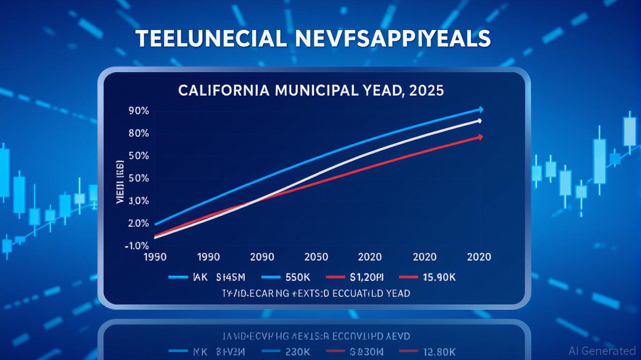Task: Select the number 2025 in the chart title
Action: coord(426,90)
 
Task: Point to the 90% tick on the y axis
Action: coord(138,111)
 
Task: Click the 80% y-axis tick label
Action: coord(138,134)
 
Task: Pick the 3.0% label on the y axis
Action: coord(138,201)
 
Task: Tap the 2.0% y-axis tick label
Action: coord(138,224)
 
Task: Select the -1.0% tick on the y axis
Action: coord(137,246)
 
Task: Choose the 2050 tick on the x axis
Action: coord(316,257)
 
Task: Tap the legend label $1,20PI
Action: coord(367,277)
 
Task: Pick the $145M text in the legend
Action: coord(227,277)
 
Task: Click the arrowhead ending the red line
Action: coord(480,137)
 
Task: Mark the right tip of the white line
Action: coord(479,121)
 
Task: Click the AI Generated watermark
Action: coord(602,351)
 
